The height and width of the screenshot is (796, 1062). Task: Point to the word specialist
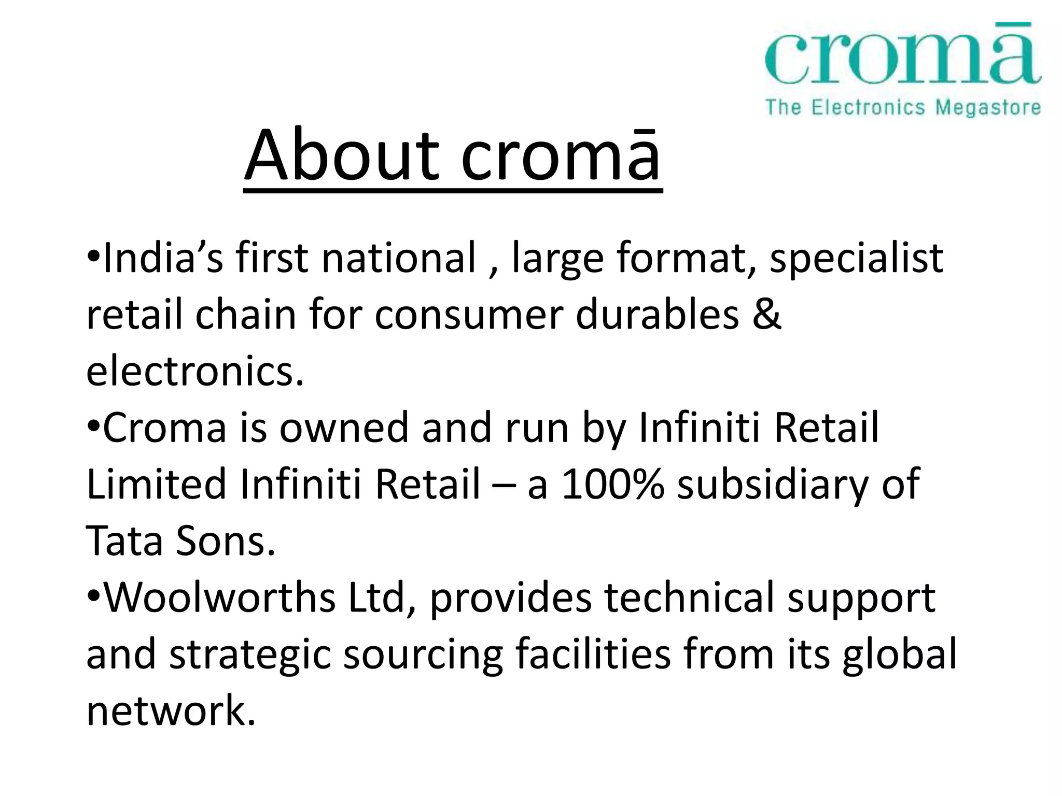(856, 258)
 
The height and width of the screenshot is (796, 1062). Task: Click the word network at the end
(171, 710)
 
